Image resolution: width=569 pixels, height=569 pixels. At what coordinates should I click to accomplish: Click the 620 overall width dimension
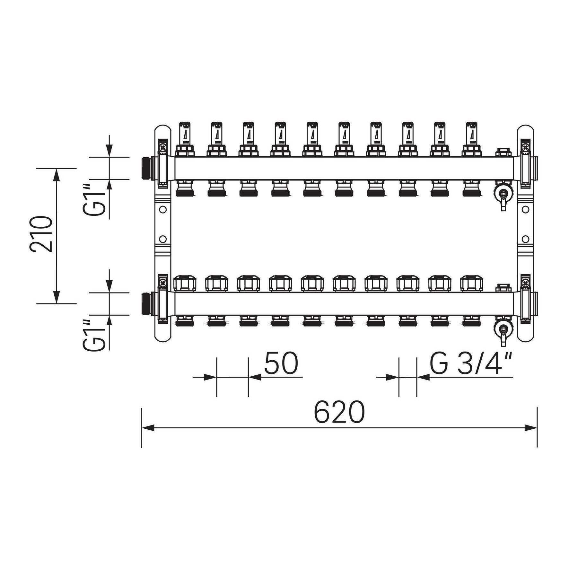[339, 412]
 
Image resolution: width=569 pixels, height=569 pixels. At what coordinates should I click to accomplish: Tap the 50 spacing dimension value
[281, 363]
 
